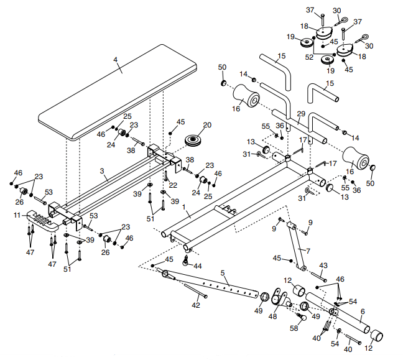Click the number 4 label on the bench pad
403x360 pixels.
pyautogui.click(x=114, y=60)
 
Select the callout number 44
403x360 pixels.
pyautogui.click(x=198, y=266)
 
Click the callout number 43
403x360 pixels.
pyautogui.click(x=323, y=265)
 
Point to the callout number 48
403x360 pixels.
pyautogui.click(x=272, y=316)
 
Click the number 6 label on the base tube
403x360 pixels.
pyautogui.click(x=363, y=311)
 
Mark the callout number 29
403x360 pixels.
pyautogui.click(x=301, y=114)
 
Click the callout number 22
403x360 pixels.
pyautogui.click(x=173, y=185)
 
